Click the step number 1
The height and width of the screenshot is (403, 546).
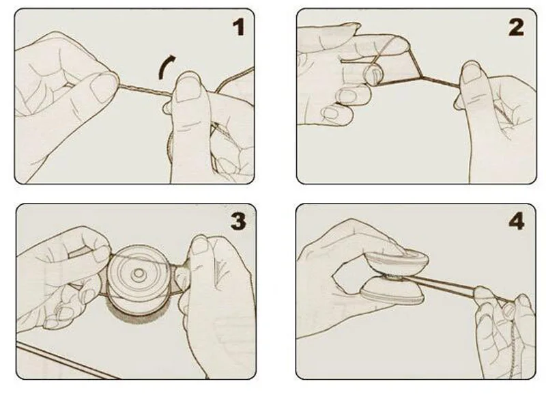click(239, 27)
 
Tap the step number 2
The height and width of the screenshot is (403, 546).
click(516, 27)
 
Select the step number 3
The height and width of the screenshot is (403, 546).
click(238, 221)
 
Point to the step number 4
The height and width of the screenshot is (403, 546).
click(517, 221)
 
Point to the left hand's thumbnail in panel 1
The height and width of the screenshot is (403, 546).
click(100, 88)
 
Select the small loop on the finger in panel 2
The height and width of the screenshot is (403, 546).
click(373, 74)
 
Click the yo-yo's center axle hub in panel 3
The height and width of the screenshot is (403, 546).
click(139, 274)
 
